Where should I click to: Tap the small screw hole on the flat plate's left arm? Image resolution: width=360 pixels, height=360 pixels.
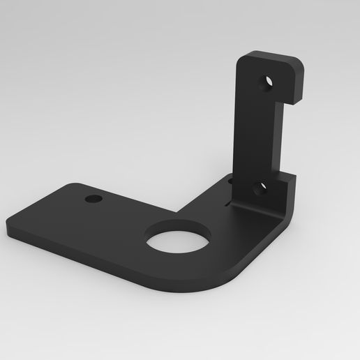coord(93,200)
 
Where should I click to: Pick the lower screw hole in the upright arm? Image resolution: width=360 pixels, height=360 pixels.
coord(260,189)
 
